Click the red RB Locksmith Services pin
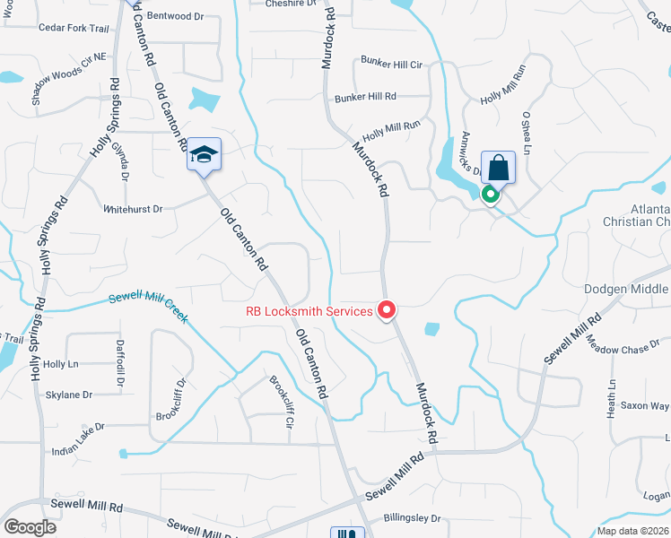pos(388,310)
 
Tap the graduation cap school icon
pos(204,155)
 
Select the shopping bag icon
pos(498,167)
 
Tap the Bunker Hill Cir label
pos(390,65)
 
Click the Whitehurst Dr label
pos(133,209)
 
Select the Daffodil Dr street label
pos(119,364)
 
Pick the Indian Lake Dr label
pos(79,451)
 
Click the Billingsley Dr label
pos(412,518)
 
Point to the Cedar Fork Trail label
pos(74,29)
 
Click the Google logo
pos(30,526)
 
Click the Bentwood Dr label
pos(170,16)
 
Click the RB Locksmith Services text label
pos(309,312)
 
